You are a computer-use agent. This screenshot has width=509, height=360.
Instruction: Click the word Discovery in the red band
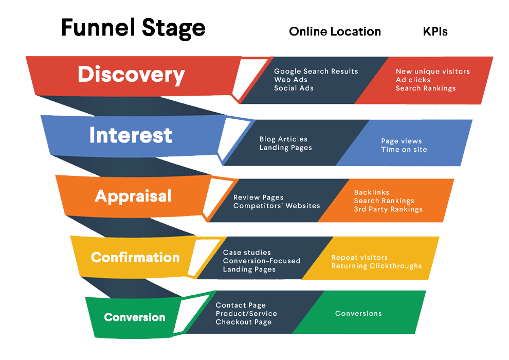pos(131,75)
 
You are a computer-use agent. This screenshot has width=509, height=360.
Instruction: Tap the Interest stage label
pos(131,135)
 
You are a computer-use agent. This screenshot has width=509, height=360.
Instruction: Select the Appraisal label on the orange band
pos(133,196)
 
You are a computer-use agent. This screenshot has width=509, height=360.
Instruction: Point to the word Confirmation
pos(135,257)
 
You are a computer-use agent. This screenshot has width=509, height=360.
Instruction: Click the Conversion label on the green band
pos(135,317)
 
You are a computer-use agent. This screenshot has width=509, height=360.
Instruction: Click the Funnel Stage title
pos(133,28)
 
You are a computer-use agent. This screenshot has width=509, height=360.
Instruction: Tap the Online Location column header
pos(335,32)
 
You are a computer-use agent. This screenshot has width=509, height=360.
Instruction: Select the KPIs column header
pos(435,32)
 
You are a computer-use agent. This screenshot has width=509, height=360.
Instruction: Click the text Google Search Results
pos(316,71)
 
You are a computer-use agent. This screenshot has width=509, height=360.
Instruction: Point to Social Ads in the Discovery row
pos(294,88)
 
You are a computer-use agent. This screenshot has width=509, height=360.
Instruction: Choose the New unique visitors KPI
pos(432,71)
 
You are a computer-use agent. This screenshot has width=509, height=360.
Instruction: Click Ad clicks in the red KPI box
pos(413,80)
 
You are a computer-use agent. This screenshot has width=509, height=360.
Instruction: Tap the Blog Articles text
pos(283,139)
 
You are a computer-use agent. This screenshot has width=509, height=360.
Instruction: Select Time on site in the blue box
pos(404,149)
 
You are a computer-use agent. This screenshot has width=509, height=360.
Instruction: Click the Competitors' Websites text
pos(277,206)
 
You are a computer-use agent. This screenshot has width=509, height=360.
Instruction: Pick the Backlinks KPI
pos(371,192)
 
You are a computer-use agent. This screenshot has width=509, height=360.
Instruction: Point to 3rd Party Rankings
pos(388,209)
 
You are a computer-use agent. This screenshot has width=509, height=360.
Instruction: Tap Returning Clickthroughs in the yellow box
pos(376,266)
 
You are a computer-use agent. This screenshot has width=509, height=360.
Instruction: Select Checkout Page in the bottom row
pos(243,322)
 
